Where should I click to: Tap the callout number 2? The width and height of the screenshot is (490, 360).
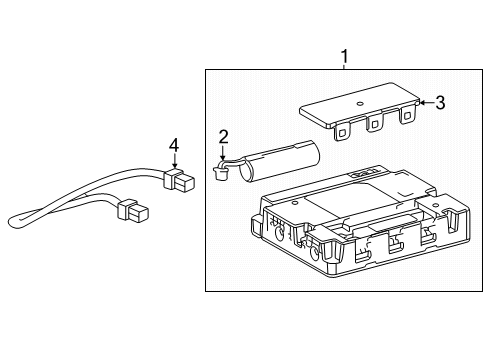tap(224, 136)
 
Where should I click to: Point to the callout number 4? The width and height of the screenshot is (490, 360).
tap(174, 146)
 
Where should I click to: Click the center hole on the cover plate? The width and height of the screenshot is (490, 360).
tap(359, 103)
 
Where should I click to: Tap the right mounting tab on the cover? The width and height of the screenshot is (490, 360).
tap(407, 117)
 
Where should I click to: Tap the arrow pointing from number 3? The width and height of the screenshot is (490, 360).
tap(424, 101)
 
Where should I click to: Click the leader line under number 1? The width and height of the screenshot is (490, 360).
tap(345, 65)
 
